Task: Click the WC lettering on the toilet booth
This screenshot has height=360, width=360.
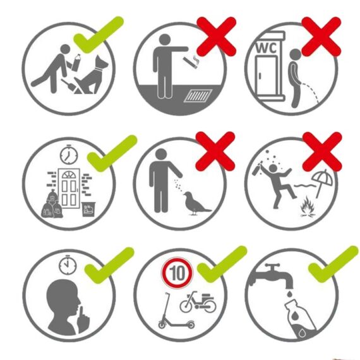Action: [267, 48]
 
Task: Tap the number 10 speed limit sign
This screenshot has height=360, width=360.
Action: [177, 273]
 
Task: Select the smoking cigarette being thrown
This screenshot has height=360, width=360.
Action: [191, 61]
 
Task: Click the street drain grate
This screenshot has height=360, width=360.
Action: [198, 95]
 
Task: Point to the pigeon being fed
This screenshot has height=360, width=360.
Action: [195, 203]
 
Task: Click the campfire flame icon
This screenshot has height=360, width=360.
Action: [308, 206]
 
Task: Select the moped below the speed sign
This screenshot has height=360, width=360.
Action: [198, 302]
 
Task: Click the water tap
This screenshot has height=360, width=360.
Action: [272, 275]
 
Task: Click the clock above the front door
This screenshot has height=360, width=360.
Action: [69, 155]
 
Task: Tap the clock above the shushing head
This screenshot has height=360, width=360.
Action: [68, 265]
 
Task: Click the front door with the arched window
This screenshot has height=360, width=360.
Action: [69, 188]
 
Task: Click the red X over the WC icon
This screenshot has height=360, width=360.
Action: [321, 37]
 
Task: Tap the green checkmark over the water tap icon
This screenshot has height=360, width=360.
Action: [333, 264]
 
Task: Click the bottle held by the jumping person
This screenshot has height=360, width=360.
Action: [256, 168]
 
